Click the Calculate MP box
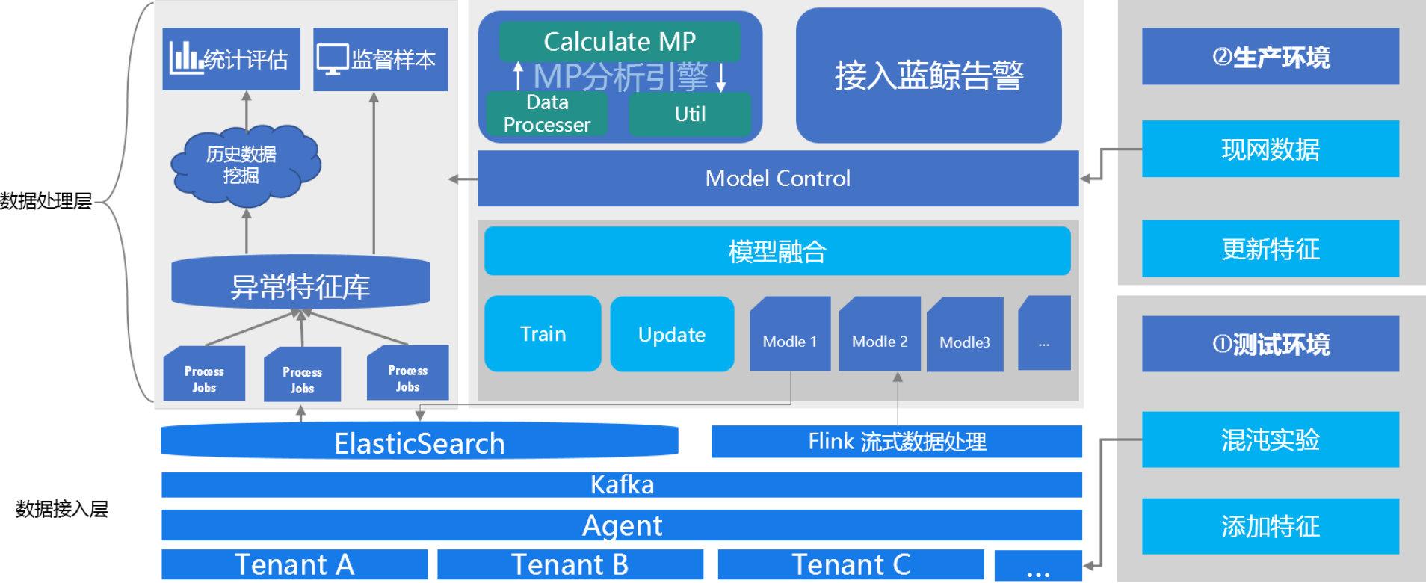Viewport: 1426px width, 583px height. (x=620, y=41)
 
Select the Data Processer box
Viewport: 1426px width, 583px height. (x=546, y=114)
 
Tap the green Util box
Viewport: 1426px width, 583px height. (x=689, y=114)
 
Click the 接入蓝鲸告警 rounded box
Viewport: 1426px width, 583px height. (x=928, y=75)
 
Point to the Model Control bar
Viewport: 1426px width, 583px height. (x=777, y=178)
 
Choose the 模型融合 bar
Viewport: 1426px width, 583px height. (x=777, y=251)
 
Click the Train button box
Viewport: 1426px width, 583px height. (x=543, y=333)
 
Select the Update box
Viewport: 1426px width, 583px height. (x=671, y=334)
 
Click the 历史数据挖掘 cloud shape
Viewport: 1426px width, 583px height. (x=241, y=164)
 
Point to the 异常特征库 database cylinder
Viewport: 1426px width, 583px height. (x=300, y=284)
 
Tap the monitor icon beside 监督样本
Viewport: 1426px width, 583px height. (x=332, y=58)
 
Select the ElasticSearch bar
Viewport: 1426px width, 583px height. (x=419, y=442)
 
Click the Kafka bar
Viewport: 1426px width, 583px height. (x=622, y=484)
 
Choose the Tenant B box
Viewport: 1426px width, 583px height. (x=570, y=564)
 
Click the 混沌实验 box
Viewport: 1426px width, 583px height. (x=1270, y=439)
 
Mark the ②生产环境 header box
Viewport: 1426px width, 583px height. (x=1270, y=57)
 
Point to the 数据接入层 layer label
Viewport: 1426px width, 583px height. (x=62, y=509)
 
